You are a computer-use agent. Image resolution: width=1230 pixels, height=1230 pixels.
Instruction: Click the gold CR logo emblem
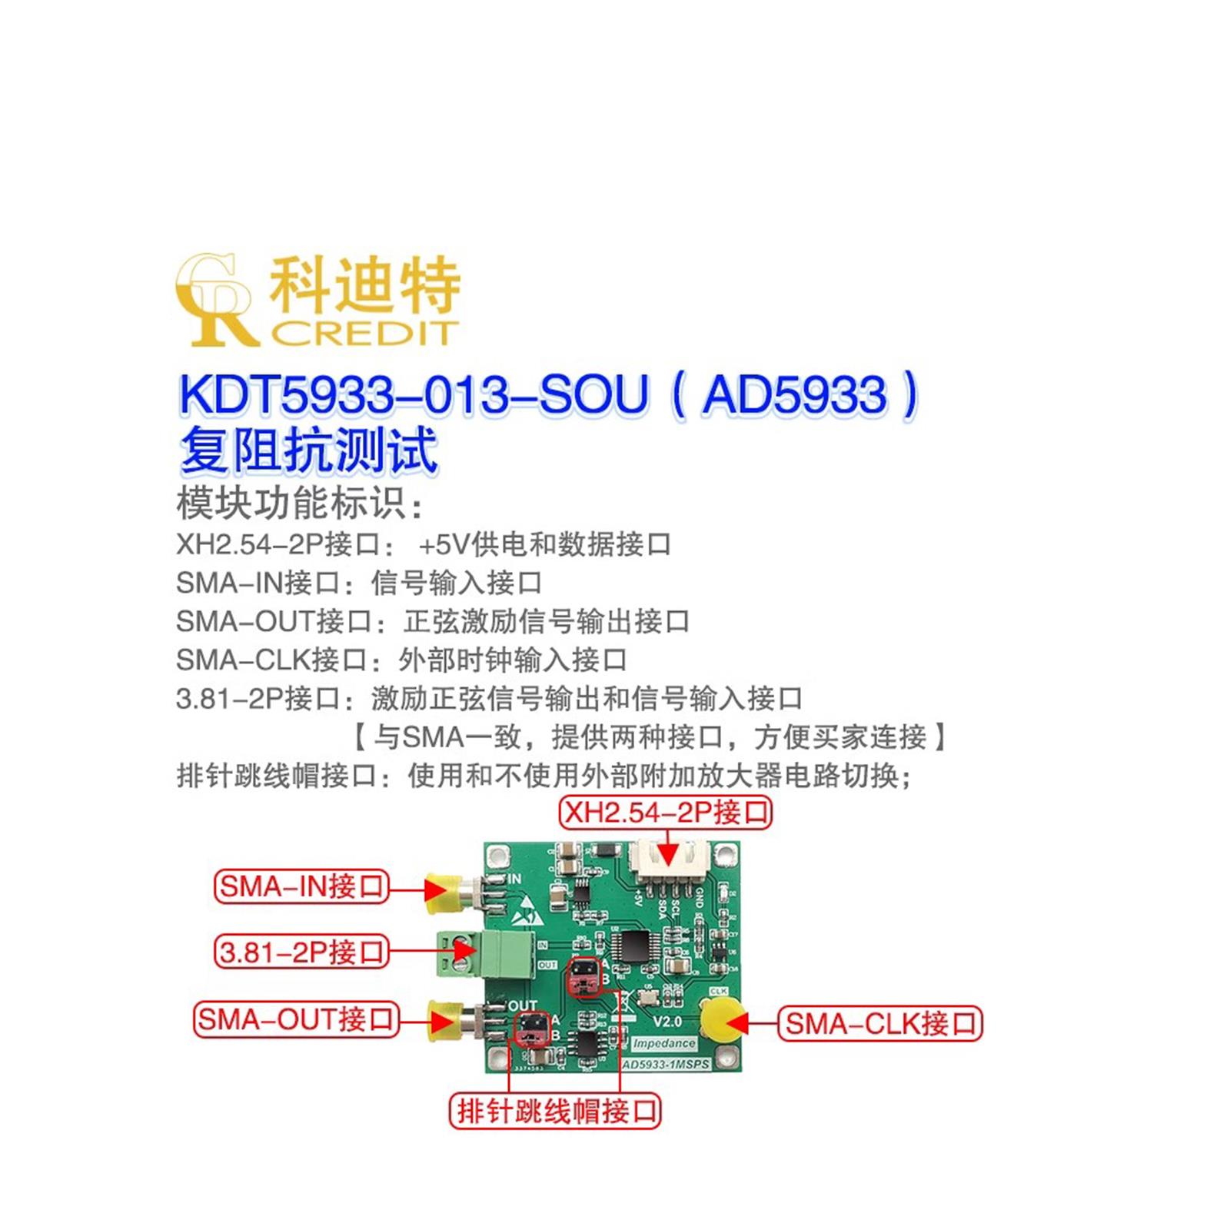point(214,300)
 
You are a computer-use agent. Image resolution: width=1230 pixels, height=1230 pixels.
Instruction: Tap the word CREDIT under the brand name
point(364,334)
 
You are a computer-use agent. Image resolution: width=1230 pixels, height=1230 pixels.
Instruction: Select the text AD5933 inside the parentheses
point(795,395)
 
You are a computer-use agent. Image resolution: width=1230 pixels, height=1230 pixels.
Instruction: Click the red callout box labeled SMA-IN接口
point(301,886)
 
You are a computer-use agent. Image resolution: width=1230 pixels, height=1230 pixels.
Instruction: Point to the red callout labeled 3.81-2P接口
point(301,952)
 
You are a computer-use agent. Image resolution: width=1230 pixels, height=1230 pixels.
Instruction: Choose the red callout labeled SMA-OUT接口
point(296,1019)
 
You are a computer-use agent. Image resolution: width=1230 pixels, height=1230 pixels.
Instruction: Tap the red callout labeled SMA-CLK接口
point(880,1024)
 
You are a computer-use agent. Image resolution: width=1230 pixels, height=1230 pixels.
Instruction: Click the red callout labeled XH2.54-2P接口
point(666,812)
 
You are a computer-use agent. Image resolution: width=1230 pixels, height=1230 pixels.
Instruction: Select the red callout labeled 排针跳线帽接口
point(554,1111)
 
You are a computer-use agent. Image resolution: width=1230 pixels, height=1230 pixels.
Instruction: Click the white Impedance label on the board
point(663,1043)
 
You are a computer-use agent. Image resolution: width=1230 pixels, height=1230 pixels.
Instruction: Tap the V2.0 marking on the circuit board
point(667,1022)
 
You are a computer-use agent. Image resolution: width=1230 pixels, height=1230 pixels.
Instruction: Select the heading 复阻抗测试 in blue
point(308,450)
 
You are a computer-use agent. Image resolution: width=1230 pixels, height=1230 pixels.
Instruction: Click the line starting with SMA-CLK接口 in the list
point(401,660)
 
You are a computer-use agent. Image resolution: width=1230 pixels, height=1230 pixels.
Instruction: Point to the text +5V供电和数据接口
point(544,544)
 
